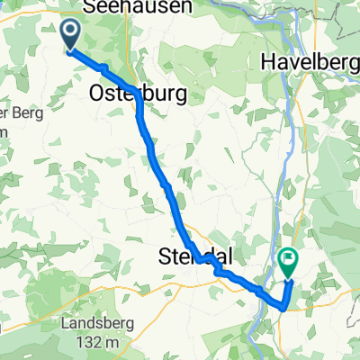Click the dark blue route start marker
point(70,37)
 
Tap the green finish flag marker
point(289,262)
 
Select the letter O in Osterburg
point(98,93)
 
